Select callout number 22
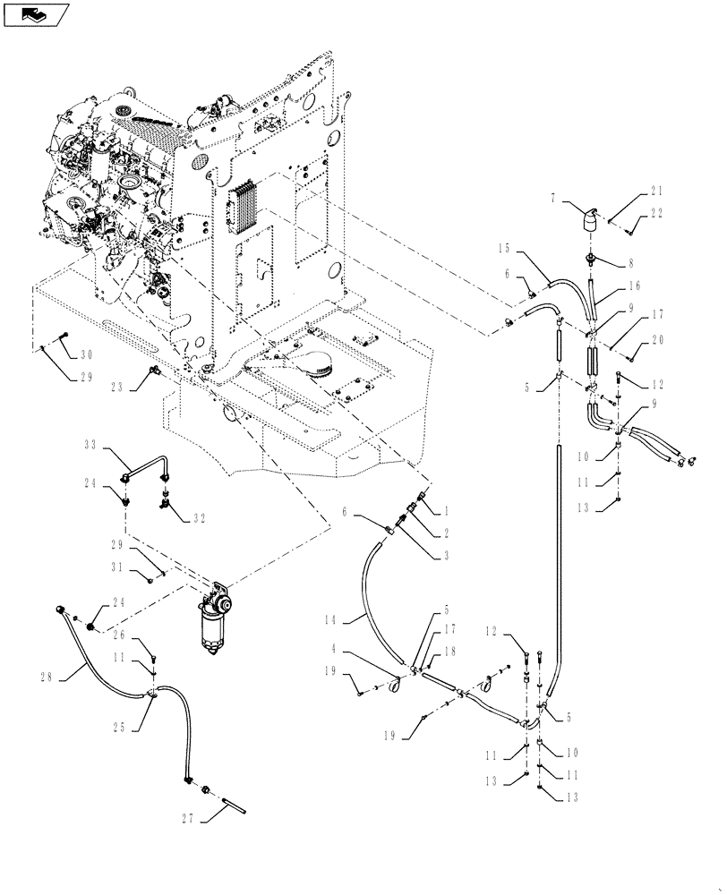pyautogui.click(x=657, y=212)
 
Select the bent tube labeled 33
pyautogui.click(x=148, y=465)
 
